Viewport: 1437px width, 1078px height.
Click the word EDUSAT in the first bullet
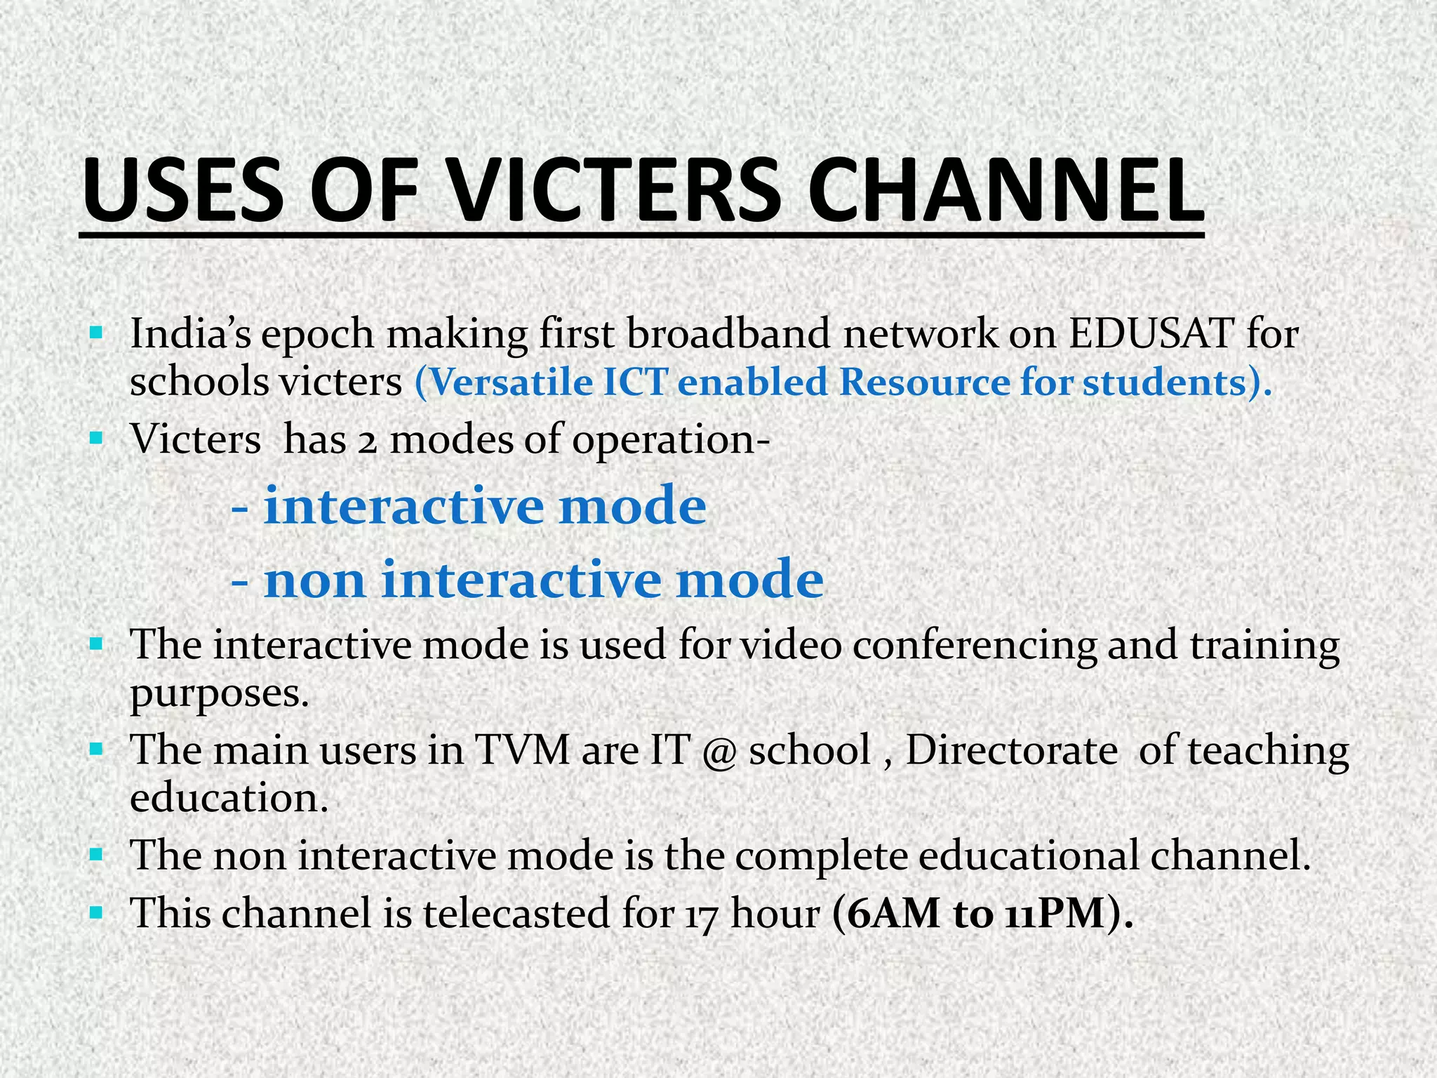(x=1151, y=334)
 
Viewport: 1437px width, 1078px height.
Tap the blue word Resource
(x=923, y=383)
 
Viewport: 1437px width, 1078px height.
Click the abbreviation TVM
(x=522, y=750)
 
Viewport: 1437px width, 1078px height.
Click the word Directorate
(x=1011, y=750)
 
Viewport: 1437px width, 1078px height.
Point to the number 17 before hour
(x=702, y=915)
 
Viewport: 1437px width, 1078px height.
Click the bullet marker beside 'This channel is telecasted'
(x=97, y=913)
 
